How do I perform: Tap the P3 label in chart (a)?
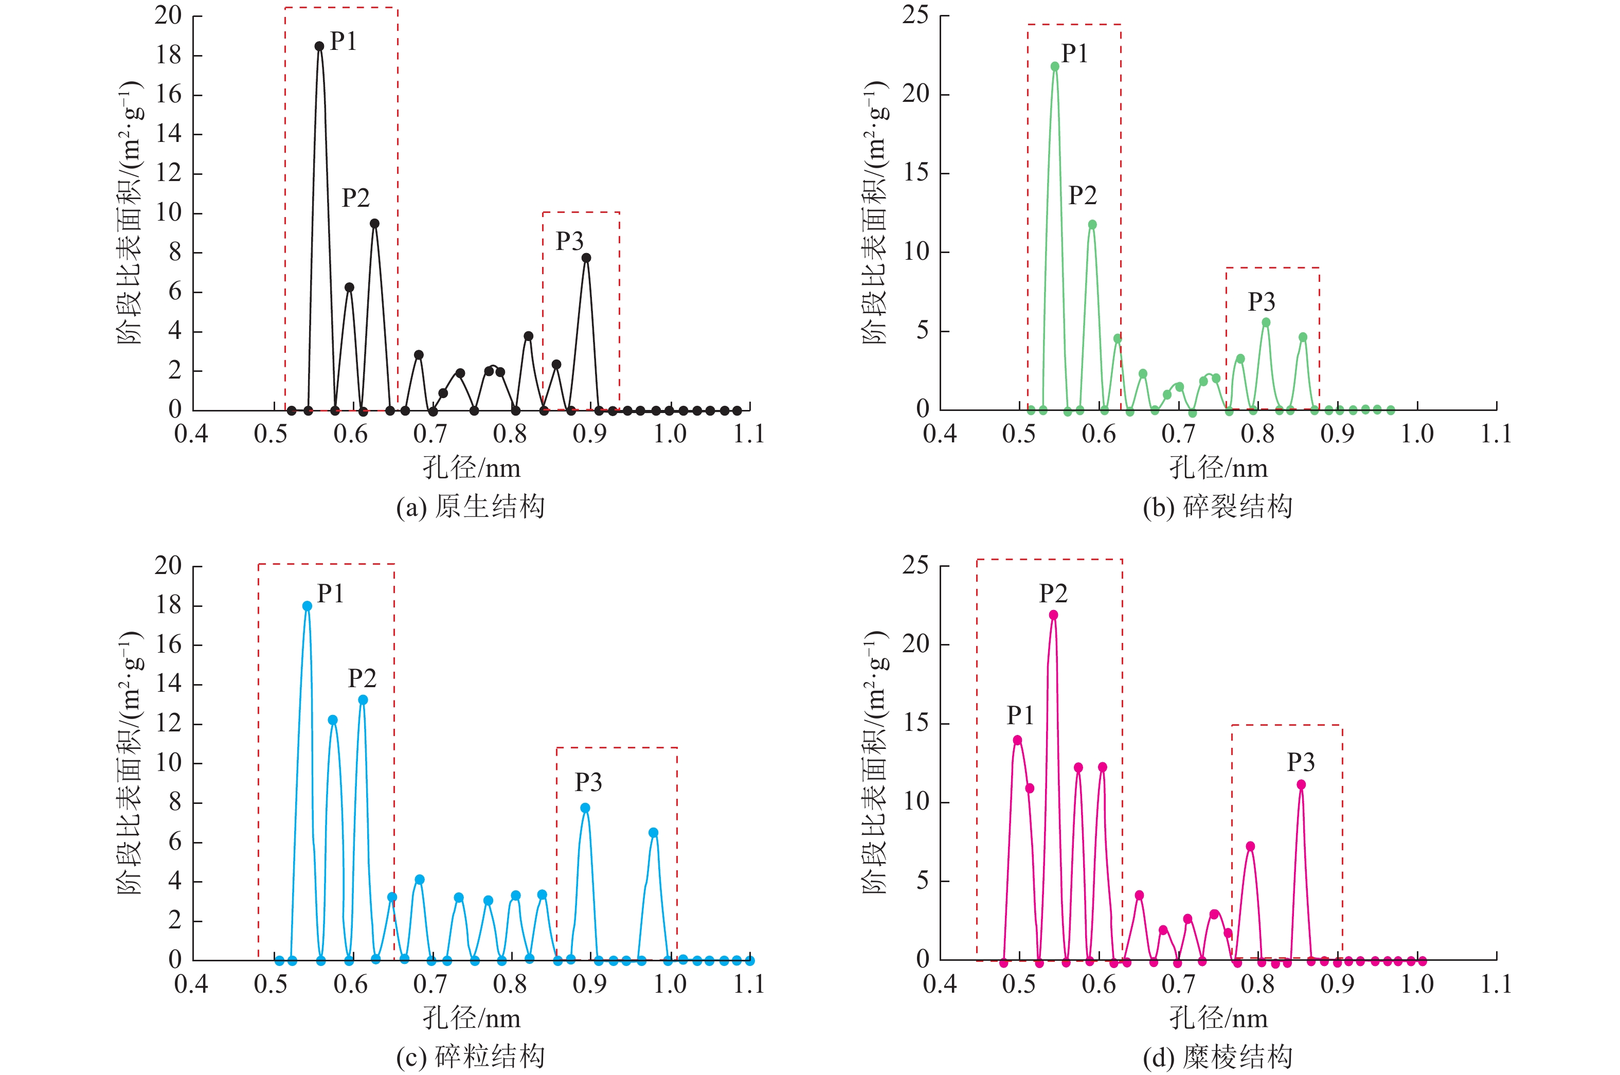[x=569, y=241]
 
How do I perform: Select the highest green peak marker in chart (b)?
[x=1055, y=66]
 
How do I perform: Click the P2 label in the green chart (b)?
[x=1082, y=196]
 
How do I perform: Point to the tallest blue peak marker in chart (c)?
[x=307, y=606]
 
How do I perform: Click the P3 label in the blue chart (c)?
[x=588, y=782]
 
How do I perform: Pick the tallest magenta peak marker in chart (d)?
[x=1053, y=615]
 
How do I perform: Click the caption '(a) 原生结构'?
[x=471, y=507]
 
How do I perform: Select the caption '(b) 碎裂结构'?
[x=1218, y=507]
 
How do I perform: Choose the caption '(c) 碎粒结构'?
[x=471, y=1056]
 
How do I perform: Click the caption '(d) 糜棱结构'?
[x=1218, y=1056]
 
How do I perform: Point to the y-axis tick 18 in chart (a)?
[x=169, y=56]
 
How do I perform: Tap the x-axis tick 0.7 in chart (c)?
[x=430, y=984]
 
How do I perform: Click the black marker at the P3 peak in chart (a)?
[x=586, y=258]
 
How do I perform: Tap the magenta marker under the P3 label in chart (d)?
[x=1301, y=785]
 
